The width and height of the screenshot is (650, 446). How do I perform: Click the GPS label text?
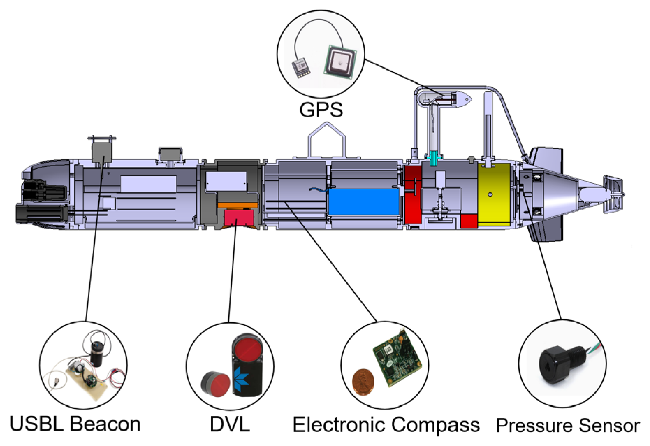pos(321,110)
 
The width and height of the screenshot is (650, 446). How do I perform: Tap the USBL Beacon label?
pos(75,424)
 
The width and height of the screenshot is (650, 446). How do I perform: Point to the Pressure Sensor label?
pos(568,426)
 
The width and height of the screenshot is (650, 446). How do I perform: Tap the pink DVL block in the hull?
pos(239,217)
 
